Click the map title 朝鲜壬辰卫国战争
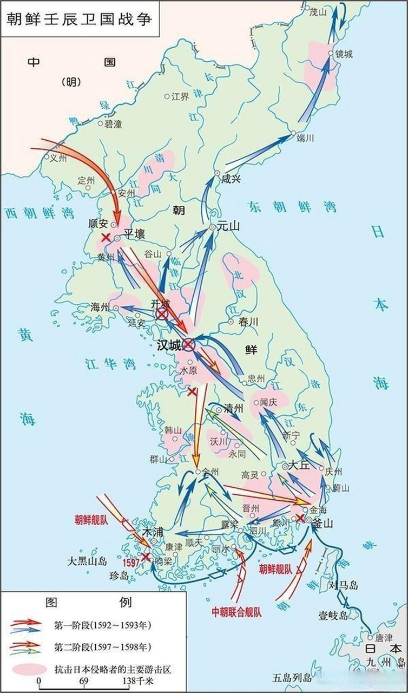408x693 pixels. point(78,18)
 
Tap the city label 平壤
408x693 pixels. point(136,234)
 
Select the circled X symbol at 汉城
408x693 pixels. point(188,344)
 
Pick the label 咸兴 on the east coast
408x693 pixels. point(231,179)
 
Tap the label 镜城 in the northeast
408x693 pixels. point(344,54)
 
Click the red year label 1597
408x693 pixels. point(131,563)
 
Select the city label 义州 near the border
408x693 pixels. point(58,159)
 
